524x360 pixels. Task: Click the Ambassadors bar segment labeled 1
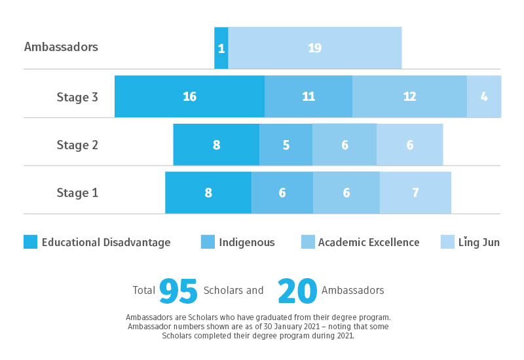(221, 48)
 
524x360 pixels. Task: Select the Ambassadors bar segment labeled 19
(315, 48)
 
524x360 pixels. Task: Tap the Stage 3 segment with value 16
(189, 96)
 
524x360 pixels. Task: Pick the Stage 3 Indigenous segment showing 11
(309, 96)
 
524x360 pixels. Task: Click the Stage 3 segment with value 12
(409, 96)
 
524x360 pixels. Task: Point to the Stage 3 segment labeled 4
(484, 96)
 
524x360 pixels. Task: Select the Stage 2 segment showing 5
(286, 145)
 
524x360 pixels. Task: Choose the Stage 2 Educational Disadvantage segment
(216, 145)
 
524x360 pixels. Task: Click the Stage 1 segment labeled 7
(415, 192)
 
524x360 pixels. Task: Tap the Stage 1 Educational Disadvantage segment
(208, 192)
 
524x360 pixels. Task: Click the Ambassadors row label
(61, 47)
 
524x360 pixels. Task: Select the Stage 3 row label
(77, 97)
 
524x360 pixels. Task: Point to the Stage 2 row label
(77, 145)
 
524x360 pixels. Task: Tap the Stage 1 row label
(77, 192)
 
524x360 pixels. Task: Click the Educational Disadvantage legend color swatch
(30, 242)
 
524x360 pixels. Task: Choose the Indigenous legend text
(246, 242)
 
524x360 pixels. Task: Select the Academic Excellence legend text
(368, 242)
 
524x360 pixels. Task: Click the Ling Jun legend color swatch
(447, 242)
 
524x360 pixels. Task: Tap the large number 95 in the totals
(178, 291)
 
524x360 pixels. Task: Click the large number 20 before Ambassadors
(297, 291)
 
